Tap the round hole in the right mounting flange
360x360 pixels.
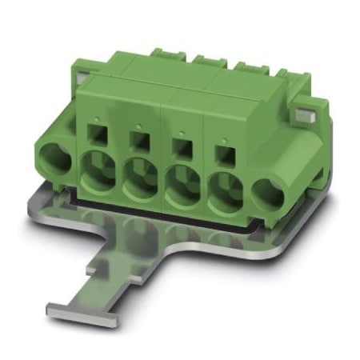point(269,194)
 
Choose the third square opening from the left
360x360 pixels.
point(182,147)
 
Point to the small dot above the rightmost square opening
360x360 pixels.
point(223,140)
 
